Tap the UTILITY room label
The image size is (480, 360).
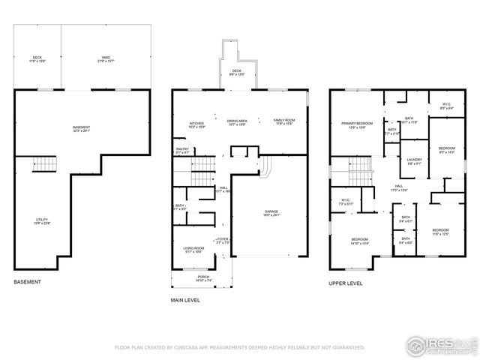coord(41,221)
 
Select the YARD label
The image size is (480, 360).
coord(106,58)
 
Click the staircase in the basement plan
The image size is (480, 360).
coord(46,165)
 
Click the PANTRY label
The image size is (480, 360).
coord(182,150)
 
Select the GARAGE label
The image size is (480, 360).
coord(271,213)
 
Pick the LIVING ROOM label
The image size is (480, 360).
coord(194,250)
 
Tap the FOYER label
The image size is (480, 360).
coord(223,241)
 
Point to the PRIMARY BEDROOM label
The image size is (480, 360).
coord(358,124)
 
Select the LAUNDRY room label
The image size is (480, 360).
coord(414,160)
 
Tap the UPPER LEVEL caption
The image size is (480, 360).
coord(346,283)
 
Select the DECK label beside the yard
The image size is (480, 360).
coord(37,58)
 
